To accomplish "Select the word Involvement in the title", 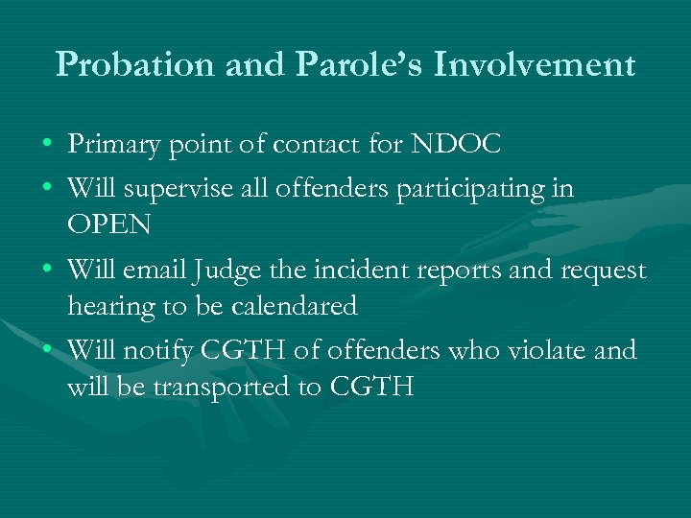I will click(x=535, y=64).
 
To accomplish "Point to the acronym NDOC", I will click(x=456, y=145).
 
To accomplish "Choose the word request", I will click(x=602, y=271).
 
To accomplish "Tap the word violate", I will click(x=546, y=351).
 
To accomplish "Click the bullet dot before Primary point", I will click(x=47, y=146).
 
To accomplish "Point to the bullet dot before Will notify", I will click(x=47, y=352).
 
